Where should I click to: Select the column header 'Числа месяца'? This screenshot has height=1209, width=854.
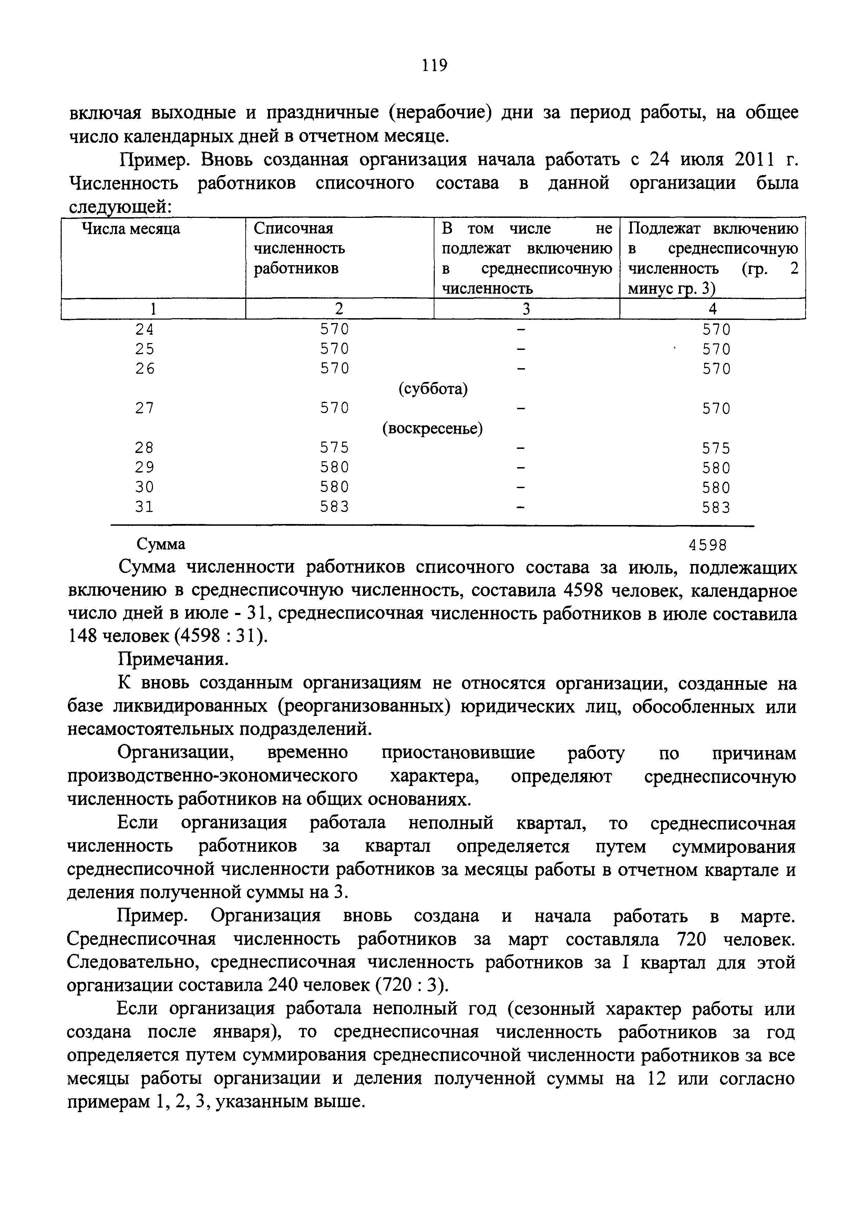pyautogui.click(x=131, y=229)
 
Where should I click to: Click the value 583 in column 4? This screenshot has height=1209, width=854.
pyautogui.click(x=716, y=507)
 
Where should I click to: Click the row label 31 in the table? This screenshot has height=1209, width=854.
pyautogui.click(x=145, y=506)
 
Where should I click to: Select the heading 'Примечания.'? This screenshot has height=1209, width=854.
pyautogui.click(x=173, y=660)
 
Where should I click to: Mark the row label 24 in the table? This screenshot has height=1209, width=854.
pyautogui.click(x=145, y=329)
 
